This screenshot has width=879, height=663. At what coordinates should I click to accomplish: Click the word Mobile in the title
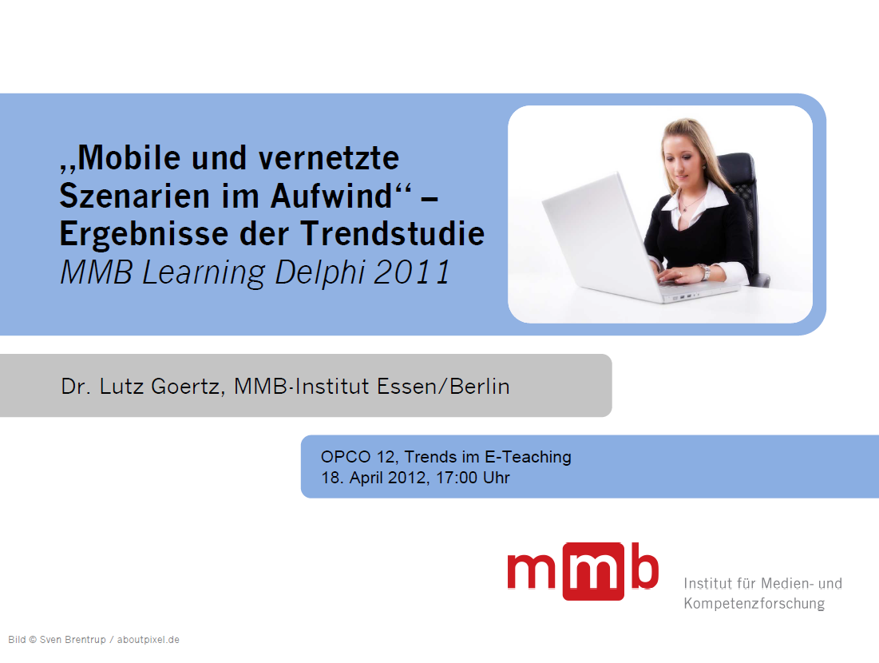pyautogui.click(x=129, y=157)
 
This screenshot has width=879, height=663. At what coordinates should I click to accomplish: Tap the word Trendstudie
pyautogui.click(x=393, y=233)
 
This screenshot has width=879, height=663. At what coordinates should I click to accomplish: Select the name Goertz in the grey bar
pyautogui.click(x=188, y=387)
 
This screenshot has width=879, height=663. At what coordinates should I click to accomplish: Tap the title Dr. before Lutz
pyautogui.click(x=76, y=387)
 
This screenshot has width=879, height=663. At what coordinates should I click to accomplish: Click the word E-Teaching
pyautogui.click(x=528, y=457)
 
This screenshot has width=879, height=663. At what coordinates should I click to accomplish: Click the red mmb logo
pyautogui.click(x=583, y=572)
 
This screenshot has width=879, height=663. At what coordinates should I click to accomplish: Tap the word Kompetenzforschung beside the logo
pyautogui.click(x=754, y=604)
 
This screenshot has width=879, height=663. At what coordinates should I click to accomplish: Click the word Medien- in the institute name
pyautogui.click(x=780, y=583)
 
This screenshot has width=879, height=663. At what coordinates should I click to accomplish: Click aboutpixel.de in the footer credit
pyautogui.click(x=148, y=640)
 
